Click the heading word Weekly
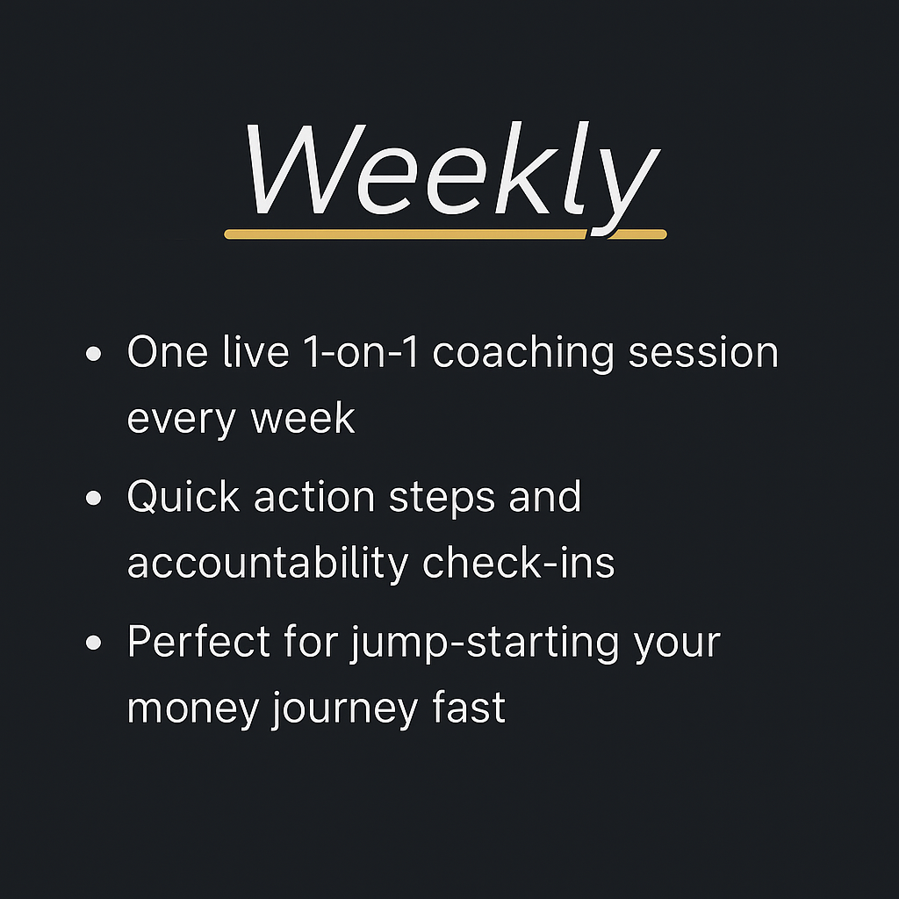[x=449, y=171]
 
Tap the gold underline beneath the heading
[x=404, y=234]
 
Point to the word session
[x=706, y=353]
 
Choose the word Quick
[x=183, y=498]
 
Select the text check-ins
[x=519, y=564]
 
